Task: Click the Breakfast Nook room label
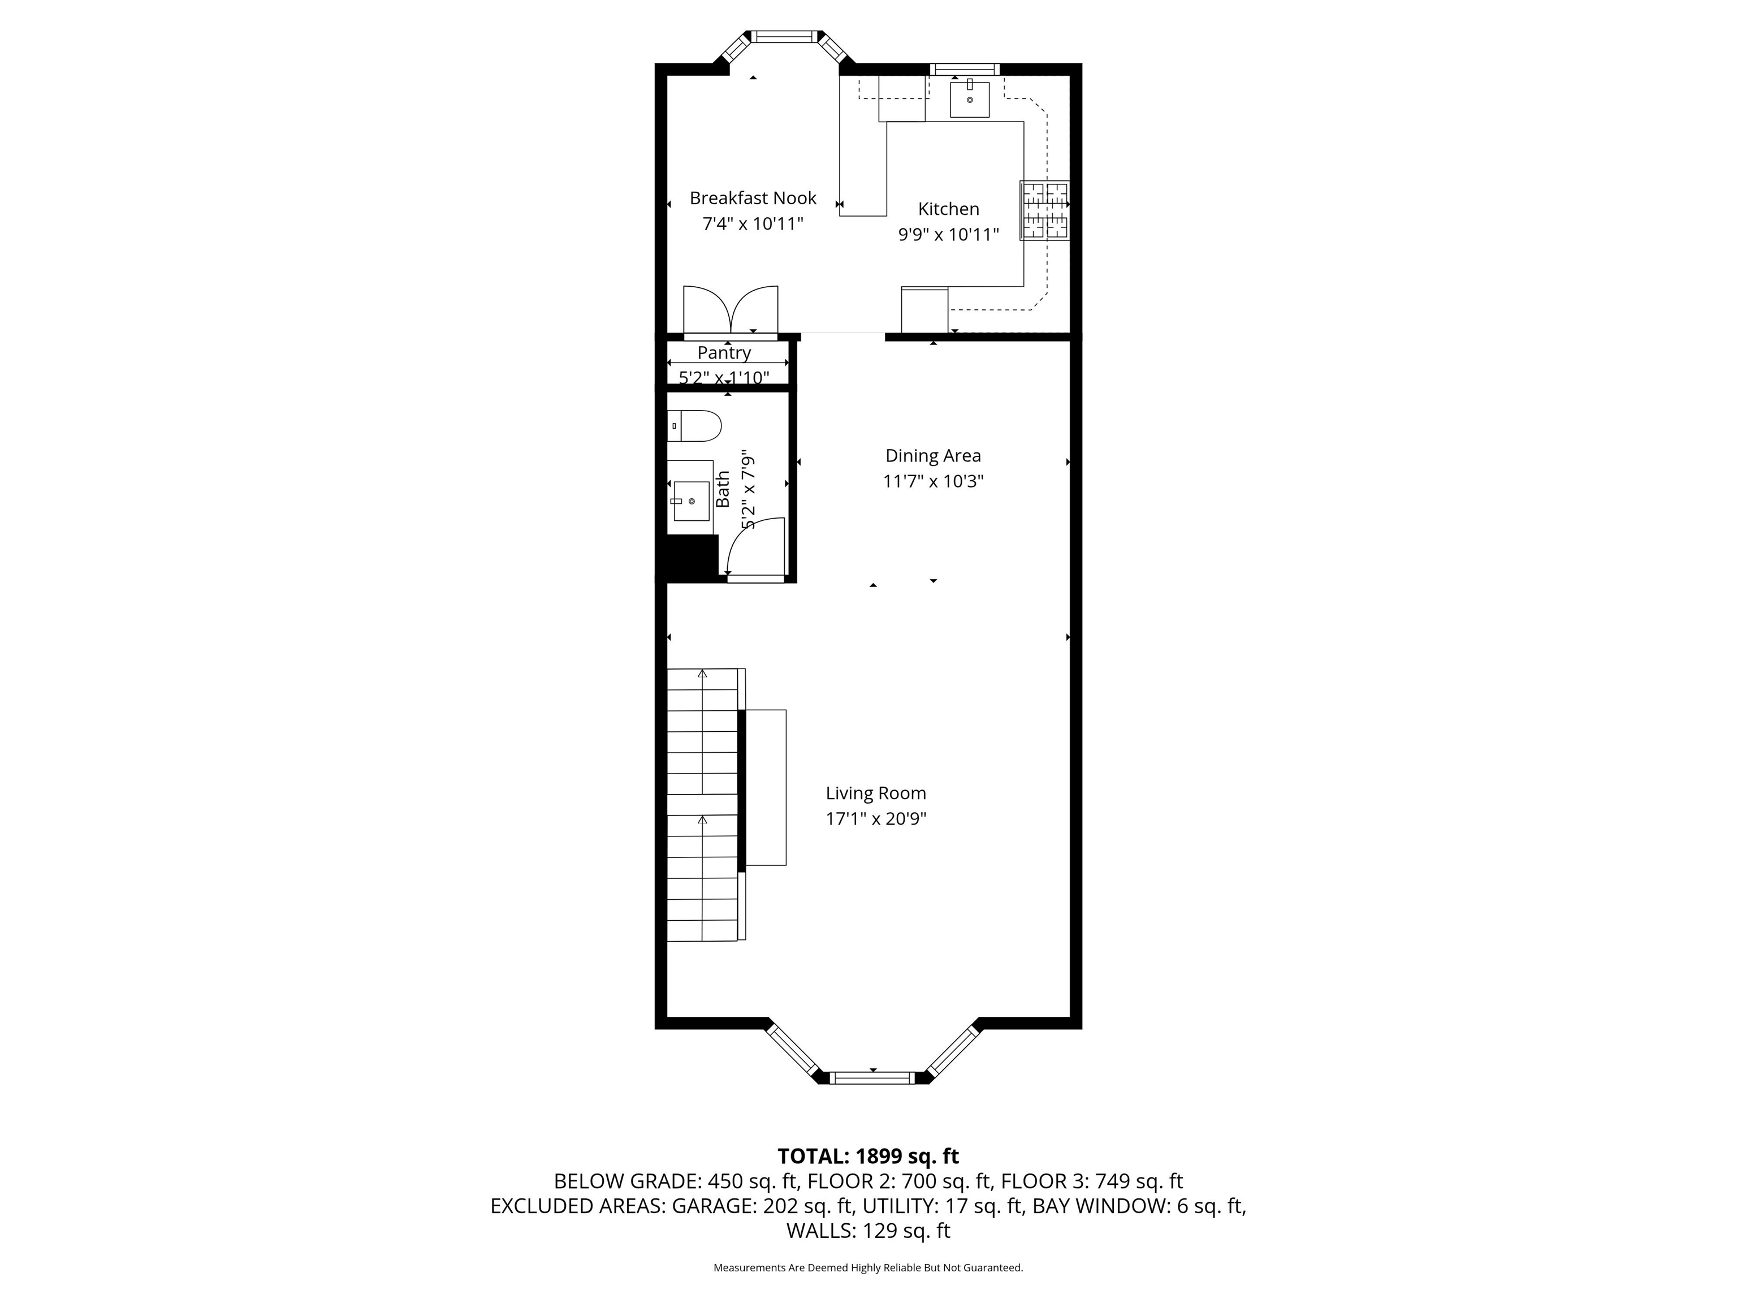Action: pos(752,198)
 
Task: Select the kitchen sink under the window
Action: pos(969,99)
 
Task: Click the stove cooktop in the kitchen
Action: pos(1044,210)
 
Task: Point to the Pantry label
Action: pos(724,353)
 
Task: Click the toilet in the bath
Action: pos(695,426)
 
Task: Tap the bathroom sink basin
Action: pos(691,501)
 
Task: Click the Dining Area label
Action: pos(933,455)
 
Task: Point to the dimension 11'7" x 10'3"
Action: pos(933,481)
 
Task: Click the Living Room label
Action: pos(875,793)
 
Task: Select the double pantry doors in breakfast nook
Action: pos(731,311)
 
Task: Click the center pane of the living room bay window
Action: pos(872,1077)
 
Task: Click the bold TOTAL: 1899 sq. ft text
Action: pos(868,1156)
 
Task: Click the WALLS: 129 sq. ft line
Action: pos(868,1231)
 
